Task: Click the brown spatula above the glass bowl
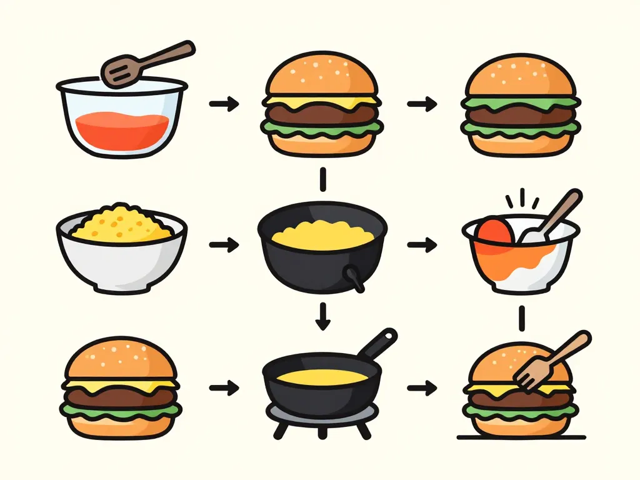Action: click(x=150, y=62)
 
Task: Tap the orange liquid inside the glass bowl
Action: click(x=122, y=128)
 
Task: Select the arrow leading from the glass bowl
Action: click(x=224, y=104)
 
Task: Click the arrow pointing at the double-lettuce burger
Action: click(x=422, y=104)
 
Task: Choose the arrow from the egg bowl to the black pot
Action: click(x=224, y=245)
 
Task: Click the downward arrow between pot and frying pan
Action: click(x=322, y=316)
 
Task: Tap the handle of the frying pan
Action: click(x=378, y=343)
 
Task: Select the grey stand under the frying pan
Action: click(x=322, y=415)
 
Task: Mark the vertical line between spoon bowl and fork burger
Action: click(x=521, y=318)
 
